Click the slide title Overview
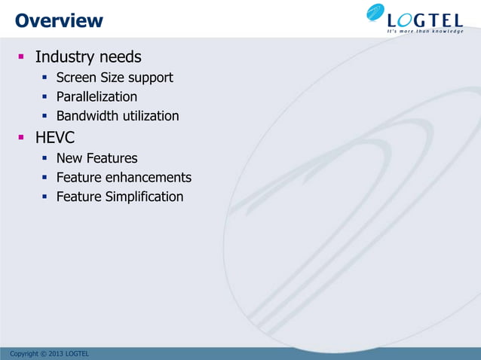(x=59, y=20)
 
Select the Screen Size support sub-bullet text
(x=115, y=78)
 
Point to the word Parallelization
(x=97, y=97)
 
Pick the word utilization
(x=151, y=116)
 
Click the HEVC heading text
(x=54, y=138)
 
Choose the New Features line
(x=97, y=158)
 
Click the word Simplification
(x=146, y=197)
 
